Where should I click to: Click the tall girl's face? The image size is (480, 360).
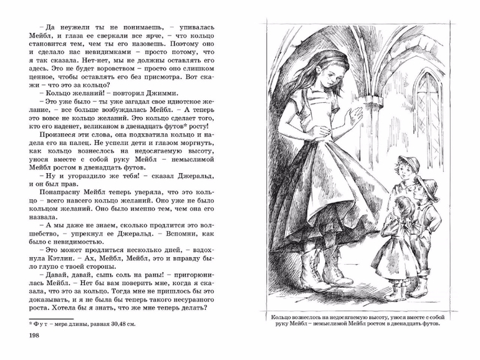[x=336, y=74]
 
